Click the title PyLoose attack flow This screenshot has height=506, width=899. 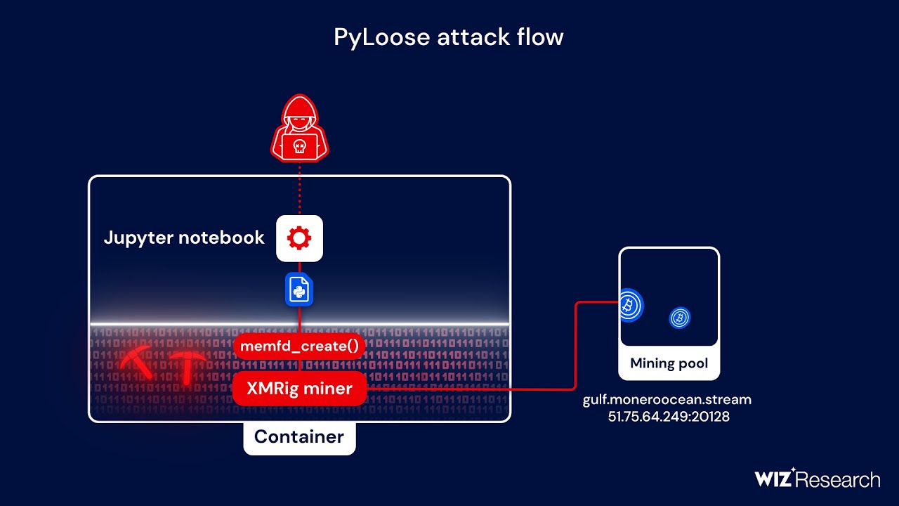[449, 37]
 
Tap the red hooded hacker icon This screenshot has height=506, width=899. [300, 130]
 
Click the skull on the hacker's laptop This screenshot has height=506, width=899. [300, 147]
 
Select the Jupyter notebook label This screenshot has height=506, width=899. [184, 238]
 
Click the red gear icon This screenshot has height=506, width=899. [300, 238]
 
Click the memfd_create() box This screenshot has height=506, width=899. [300, 346]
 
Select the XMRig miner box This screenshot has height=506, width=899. [300, 389]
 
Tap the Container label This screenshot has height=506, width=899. [299, 436]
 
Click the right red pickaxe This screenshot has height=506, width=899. [188, 366]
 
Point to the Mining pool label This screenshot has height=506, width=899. [669, 363]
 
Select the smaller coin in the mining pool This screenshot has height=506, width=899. [679, 318]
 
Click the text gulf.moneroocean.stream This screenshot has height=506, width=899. [667, 400]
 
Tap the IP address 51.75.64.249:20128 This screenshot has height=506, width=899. [669, 417]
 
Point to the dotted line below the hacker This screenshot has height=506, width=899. [300, 190]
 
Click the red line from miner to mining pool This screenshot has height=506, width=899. [575, 351]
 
